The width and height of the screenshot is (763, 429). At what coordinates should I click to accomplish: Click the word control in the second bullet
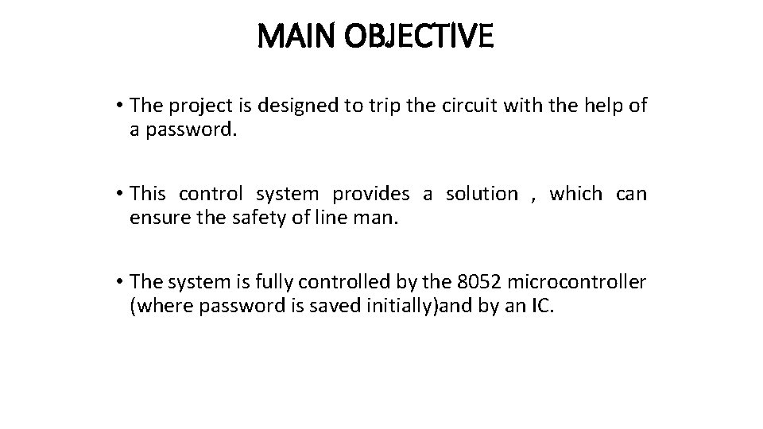coord(212,194)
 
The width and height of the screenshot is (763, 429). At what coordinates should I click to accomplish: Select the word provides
coord(371,194)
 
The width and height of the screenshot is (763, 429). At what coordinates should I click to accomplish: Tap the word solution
coord(481,194)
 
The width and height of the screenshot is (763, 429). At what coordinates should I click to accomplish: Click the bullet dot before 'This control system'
coord(117,194)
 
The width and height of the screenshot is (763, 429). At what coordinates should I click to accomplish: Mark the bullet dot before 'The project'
coord(117,106)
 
